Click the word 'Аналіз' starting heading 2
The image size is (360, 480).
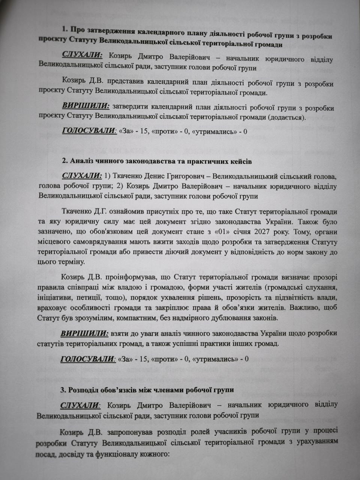[x=81, y=162]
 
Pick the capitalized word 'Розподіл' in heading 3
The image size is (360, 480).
[x=82, y=390]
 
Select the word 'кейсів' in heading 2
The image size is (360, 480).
[x=241, y=162]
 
